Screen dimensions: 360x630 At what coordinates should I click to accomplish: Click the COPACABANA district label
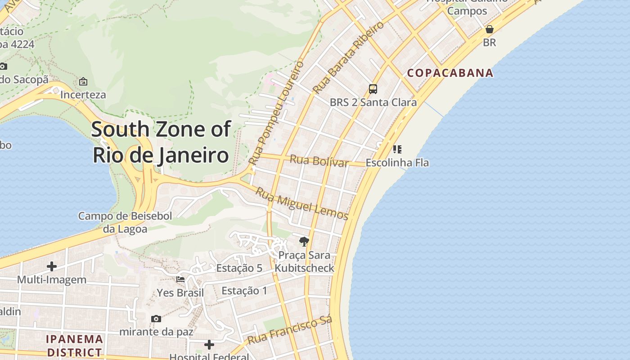pyautogui.click(x=450, y=73)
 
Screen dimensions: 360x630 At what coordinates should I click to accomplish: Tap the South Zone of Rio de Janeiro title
pyautogui.click(x=161, y=142)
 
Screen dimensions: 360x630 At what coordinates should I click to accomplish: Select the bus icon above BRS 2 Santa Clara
pyautogui.click(x=373, y=89)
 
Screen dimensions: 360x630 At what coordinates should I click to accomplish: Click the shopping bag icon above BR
pyautogui.click(x=490, y=30)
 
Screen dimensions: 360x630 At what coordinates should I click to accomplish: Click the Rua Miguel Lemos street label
pyautogui.click(x=302, y=204)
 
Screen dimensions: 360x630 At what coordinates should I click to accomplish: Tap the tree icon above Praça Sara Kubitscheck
pyautogui.click(x=304, y=242)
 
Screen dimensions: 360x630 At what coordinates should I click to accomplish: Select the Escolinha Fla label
pyautogui.click(x=397, y=163)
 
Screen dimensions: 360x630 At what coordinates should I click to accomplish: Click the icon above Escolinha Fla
pyautogui.click(x=397, y=149)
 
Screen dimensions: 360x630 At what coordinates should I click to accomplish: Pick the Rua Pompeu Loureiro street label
pyautogui.click(x=276, y=112)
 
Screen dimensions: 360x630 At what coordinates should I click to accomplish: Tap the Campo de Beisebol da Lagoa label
pyautogui.click(x=125, y=222)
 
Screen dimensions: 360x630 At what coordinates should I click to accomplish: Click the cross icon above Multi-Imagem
pyautogui.click(x=52, y=266)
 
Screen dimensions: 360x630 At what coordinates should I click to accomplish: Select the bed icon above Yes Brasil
pyautogui.click(x=180, y=279)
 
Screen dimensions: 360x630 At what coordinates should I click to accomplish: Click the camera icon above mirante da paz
pyautogui.click(x=156, y=319)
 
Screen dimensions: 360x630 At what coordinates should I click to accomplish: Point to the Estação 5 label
pyautogui.click(x=239, y=268)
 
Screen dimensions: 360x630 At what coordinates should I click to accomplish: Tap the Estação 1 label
pyautogui.click(x=244, y=291)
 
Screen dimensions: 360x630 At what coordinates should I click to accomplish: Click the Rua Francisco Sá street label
pyautogui.click(x=290, y=331)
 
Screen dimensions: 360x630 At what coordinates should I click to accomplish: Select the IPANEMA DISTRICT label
pyautogui.click(x=75, y=345)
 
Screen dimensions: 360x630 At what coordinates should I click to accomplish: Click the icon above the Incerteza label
pyautogui.click(x=83, y=81)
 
